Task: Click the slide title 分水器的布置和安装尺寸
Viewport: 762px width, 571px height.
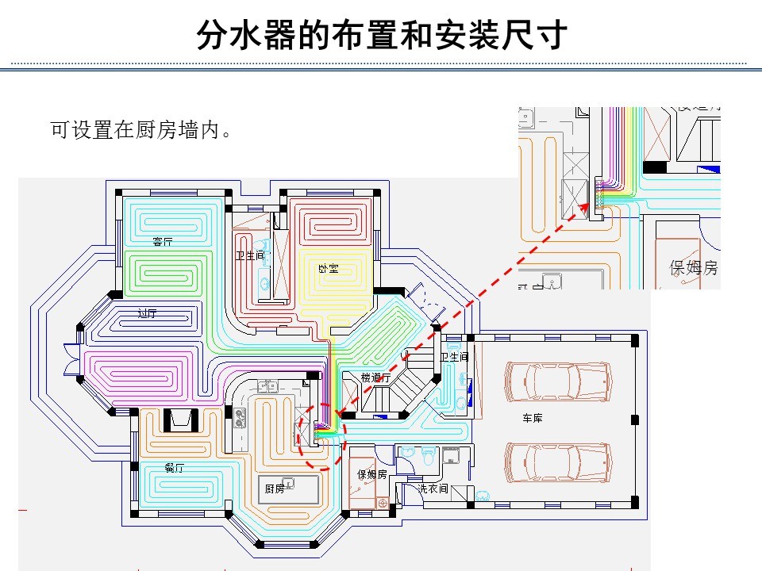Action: pyautogui.click(x=381, y=35)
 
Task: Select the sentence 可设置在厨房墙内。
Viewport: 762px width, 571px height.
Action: pyautogui.click(x=142, y=130)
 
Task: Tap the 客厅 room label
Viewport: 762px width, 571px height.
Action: pyautogui.click(x=164, y=240)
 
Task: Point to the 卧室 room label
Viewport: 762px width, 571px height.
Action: pyautogui.click(x=328, y=268)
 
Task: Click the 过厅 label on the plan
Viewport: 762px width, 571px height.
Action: pyautogui.click(x=147, y=313)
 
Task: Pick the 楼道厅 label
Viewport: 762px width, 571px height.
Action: pyautogui.click(x=375, y=378)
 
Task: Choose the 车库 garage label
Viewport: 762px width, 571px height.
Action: pyautogui.click(x=532, y=418)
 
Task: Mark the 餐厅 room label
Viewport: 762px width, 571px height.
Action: pyautogui.click(x=174, y=468)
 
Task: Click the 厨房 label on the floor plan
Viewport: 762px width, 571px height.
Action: pyautogui.click(x=275, y=489)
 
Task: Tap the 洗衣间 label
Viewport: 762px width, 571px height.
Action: pyautogui.click(x=433, y=489)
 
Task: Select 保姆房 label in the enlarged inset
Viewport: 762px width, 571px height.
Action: pyautogui.click(x=694, y=268)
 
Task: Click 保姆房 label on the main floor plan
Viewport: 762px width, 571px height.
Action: pyautogui.click(x=372, y=474)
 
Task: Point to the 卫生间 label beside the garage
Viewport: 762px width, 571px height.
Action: pyautogui.click(x=454, y=357)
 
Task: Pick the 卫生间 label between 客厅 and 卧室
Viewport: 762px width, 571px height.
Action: pyautogui.click(x=249, y=255)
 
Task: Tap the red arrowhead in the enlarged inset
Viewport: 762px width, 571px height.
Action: pyautogui.click(x=590, y=206)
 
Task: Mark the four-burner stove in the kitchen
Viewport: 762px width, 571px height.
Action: pyautogui.click(x=239, y=418)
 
